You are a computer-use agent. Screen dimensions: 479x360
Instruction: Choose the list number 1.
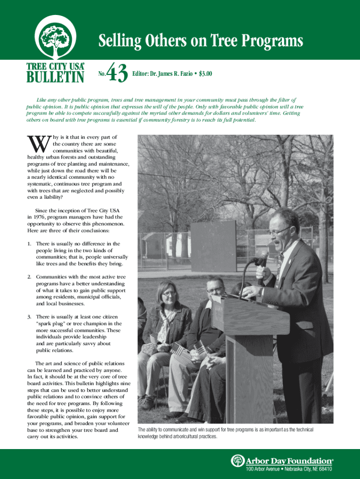[x=29, y=244]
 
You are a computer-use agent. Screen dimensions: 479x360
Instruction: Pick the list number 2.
[x=29, y=277]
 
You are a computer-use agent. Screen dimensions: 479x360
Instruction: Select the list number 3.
[x=29, y=317]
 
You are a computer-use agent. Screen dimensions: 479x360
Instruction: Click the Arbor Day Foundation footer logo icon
[x=238, y=460]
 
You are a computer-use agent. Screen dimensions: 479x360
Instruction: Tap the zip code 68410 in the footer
[x=324, y=469]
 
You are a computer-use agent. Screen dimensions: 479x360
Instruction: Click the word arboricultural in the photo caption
[x=189, y=436]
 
